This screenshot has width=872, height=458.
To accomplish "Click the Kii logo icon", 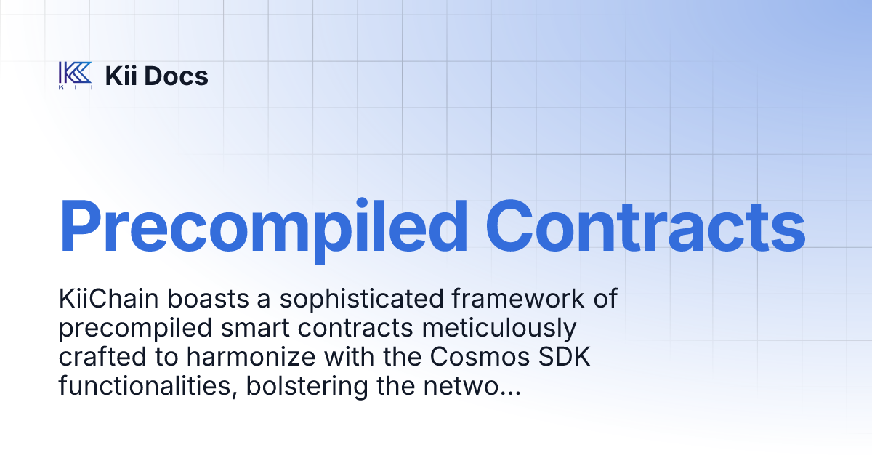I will tap(75, 76).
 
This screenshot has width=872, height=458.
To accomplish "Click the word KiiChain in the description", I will tap(108, 300).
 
